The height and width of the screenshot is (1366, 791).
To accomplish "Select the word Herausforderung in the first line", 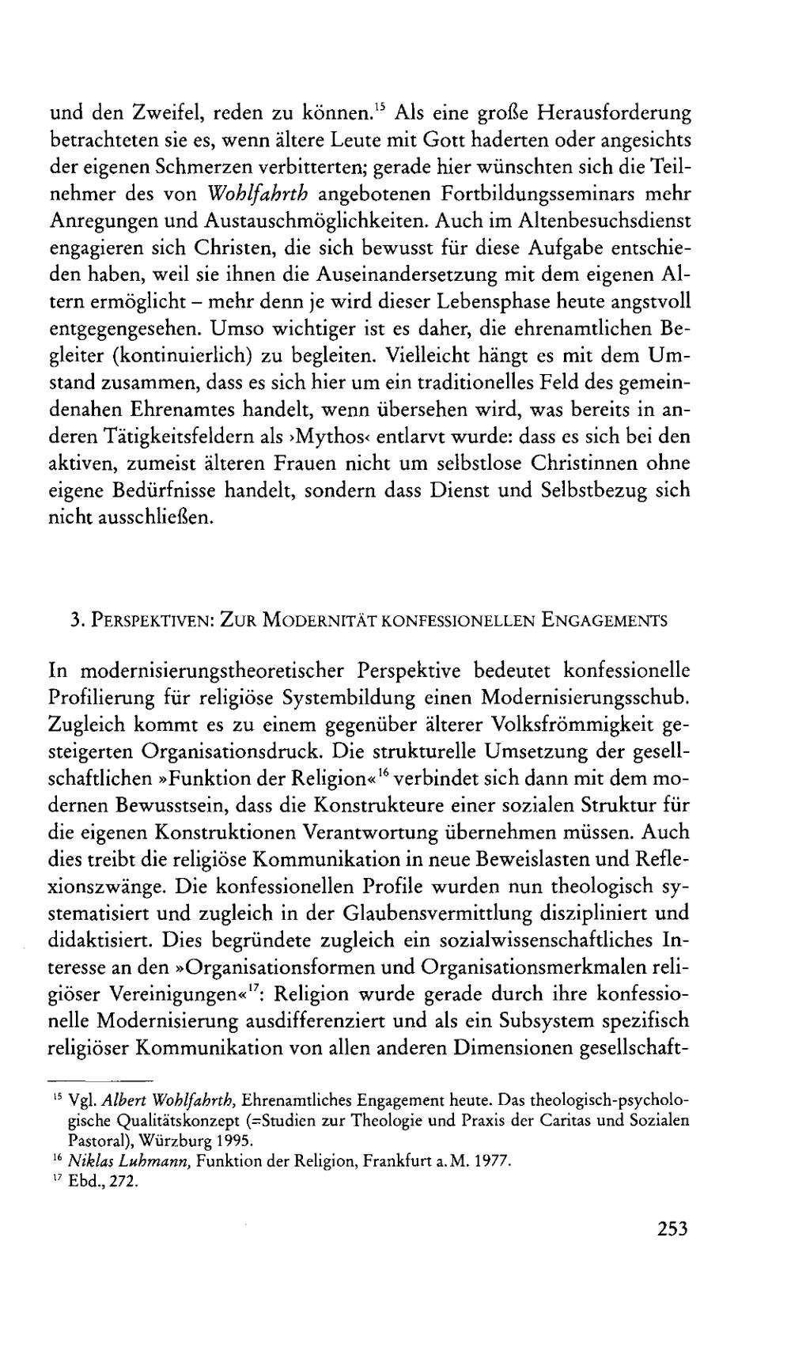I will [x=615, y=112].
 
